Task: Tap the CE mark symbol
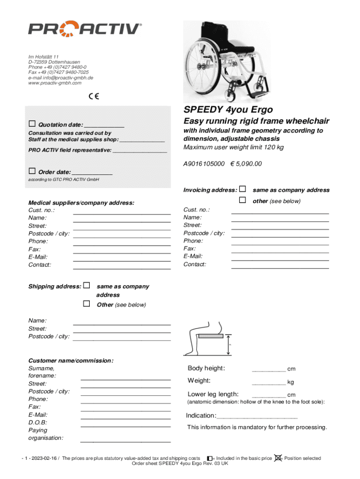click(x=94, y=97)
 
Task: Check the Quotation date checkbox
click(x=32, y=124)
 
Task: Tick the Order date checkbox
click(x=32, y=171)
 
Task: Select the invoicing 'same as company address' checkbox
click(x=243, y=189)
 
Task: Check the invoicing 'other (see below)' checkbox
click(x=243, y=200)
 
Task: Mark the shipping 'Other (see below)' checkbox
click(x=86, y=304)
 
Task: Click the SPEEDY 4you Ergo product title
click(x=228, y=110)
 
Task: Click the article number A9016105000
click(x=204, y=164)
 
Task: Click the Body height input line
click(x=268, y=370)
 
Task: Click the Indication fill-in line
click(x=257, y=416)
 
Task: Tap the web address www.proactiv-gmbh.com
click(x=55, y=83)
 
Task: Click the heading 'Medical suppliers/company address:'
click(x=81, y=203)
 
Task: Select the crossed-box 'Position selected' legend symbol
click(x=278, y=458)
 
